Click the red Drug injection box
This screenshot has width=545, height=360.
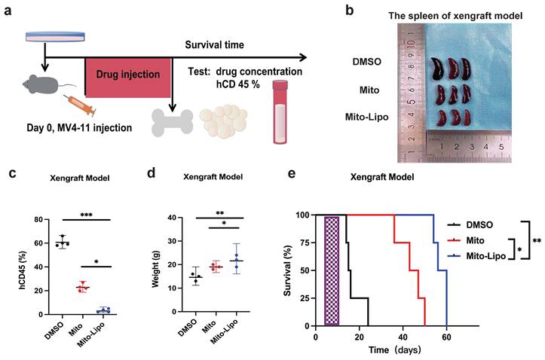128,76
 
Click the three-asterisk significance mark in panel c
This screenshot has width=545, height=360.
78,215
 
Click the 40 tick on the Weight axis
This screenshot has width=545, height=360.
173,218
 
